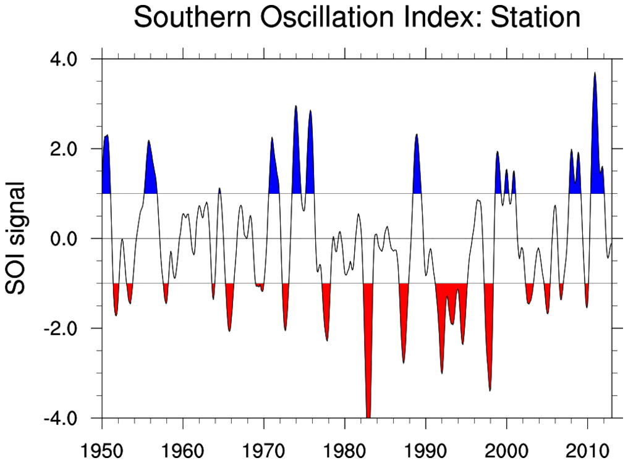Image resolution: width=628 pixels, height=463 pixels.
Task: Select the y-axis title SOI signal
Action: [17, 238]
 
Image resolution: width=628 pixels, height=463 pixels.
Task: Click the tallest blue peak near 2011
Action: [595, 123]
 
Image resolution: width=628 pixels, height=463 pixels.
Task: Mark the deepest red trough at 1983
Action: [368, 370]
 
